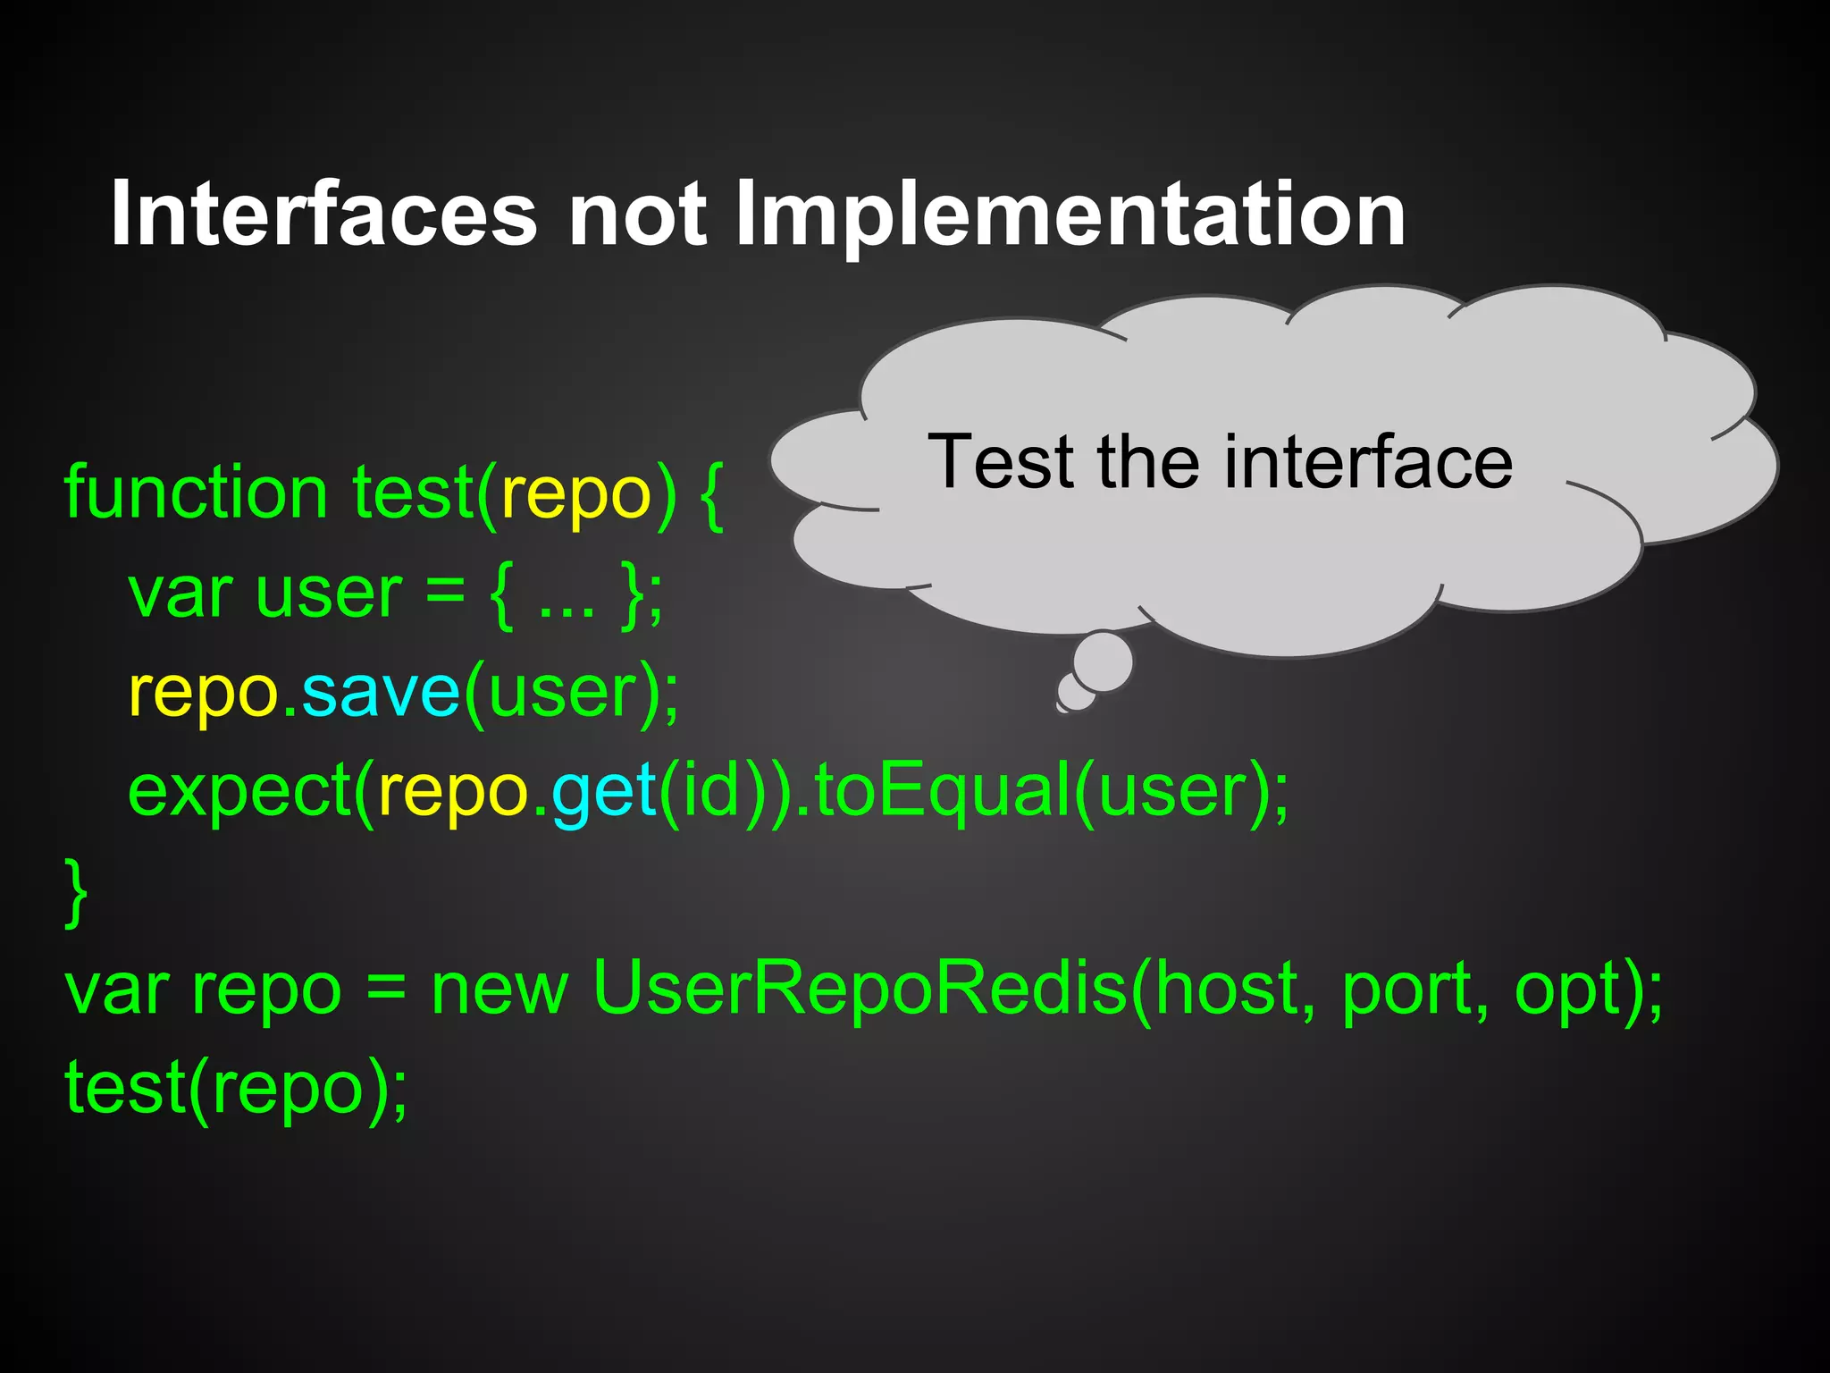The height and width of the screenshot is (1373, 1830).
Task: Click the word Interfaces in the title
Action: point(323,215)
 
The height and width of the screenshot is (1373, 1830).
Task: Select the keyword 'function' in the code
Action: point(196,493)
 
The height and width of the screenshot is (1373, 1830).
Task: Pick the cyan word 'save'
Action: point(381,692)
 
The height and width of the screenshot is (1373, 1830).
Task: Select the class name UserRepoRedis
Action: point(860,989)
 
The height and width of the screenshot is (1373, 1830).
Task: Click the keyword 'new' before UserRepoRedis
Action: point(499,990)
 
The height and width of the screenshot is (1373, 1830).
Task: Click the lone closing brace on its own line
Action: point(77,892)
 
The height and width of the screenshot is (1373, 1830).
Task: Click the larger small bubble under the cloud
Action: point(1103,661)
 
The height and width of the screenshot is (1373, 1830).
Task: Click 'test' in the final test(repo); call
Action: point(125,1087)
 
